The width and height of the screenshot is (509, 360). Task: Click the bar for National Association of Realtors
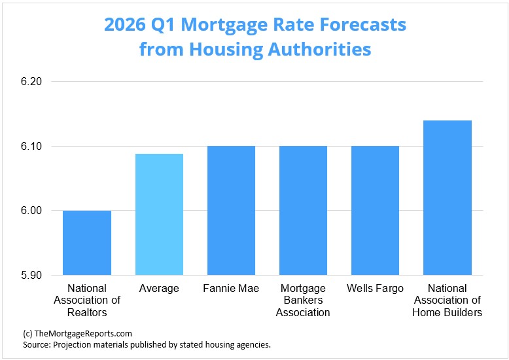point(87,243)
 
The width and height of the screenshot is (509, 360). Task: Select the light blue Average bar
point(159,214)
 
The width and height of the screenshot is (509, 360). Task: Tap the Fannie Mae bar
point(231,210)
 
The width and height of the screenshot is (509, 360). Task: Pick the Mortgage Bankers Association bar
point(303,210)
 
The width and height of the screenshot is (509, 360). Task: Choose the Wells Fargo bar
point(375,210)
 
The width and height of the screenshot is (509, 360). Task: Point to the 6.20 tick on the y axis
point(31,82)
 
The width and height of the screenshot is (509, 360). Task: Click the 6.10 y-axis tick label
point(31,146)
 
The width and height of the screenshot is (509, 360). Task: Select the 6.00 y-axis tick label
point(31,211)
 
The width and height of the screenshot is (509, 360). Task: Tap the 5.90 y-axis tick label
point(31,275)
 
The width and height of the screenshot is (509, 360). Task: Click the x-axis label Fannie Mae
point(231,289)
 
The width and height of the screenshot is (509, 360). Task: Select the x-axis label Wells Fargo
point(375,289)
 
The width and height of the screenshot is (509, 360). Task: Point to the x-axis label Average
point(159,289)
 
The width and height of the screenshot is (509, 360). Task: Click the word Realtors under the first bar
point(87,312)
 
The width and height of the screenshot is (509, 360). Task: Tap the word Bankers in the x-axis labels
point(303,300)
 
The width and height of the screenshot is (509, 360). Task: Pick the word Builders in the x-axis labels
point(462,312)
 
